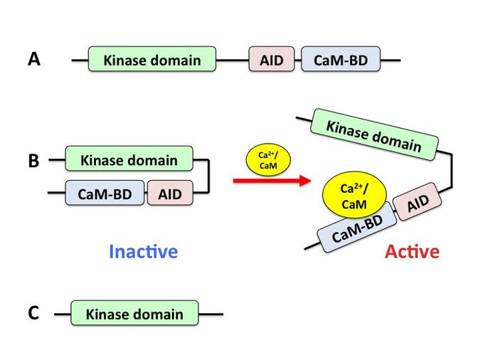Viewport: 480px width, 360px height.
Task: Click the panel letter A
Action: point(34,60)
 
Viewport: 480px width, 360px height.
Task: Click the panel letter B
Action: point(33,161)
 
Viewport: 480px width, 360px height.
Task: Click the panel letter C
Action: point(33,313)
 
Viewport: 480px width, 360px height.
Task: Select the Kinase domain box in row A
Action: point(152,60)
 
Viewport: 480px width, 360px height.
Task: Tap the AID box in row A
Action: point(272,60)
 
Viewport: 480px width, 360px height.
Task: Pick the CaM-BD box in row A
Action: point(341,60)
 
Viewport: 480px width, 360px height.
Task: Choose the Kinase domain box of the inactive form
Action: point(129,159)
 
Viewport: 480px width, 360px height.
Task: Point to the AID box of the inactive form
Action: point(170,193)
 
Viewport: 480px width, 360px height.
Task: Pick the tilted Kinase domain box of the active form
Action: point(373,134)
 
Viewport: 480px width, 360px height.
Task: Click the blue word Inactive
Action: point(143,251)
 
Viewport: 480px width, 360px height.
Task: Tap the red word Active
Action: point(412,251)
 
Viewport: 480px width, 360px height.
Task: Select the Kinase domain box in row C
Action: point(134,313)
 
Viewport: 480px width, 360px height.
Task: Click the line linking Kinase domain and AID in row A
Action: point(233,60)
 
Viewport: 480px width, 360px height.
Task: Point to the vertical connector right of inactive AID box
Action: point(209,176)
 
